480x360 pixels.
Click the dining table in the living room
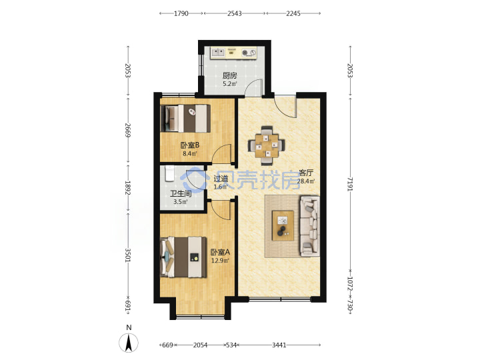[x=267, y=145]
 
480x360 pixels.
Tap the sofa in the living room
[x=310, y=226]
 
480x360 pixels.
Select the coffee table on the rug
[x=283, y=225]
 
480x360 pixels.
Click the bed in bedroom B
[x=185, y=119]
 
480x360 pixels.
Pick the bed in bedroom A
[x=183, y=257]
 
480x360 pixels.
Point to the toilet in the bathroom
[x=169, y=173]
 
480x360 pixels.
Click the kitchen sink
[x=218, y=53]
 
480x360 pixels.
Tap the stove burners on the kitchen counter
[x=248, y=53]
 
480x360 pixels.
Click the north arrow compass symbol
[x=129, y=342]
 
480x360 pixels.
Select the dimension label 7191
[x=350, y=184]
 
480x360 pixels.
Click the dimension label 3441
[x=279, y=345]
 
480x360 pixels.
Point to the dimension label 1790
[x=181, y=13]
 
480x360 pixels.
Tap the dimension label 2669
[x=128, y=131]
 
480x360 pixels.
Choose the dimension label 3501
[x=128, y=255]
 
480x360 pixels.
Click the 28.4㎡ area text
[x=306, y=181]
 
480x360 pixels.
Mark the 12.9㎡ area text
[x=220, y=261]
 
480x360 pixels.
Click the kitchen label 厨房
[x=229, y=75]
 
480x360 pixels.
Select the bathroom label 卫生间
[x=181, y=193]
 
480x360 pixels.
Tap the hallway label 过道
[x=221, y=179]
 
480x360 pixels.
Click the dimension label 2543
[x=235, y=13]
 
